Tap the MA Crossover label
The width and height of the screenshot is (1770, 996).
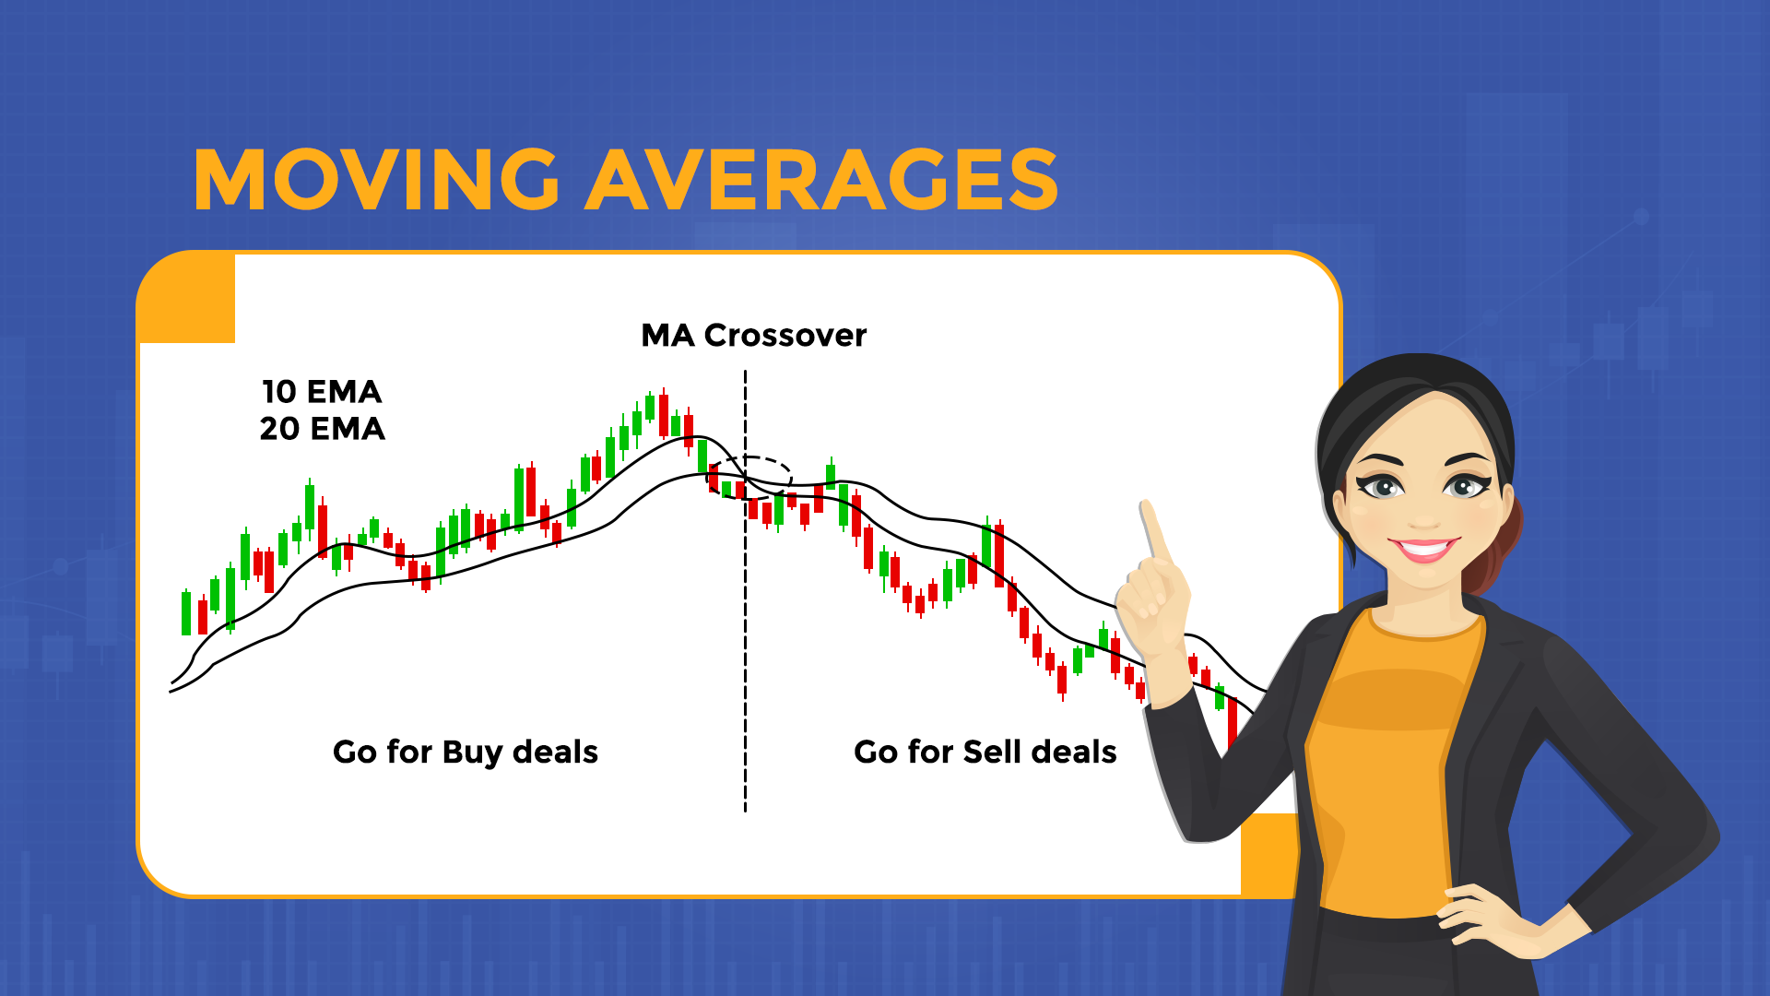pyautogui.click(x=753, y=336)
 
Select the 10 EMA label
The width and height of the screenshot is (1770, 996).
pyautogui.click(x=322, y=392)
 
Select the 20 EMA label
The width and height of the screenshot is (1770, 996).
pyautogui.click(x=322, y=429)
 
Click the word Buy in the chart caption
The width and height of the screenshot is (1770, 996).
pyautogui.click(x=472, y=753)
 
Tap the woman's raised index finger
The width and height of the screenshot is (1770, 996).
pyautogui.click(x=1153, y=530)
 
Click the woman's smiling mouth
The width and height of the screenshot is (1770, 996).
pyautogui.click(x=1423, y=550)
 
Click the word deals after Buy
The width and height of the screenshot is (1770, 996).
pyautogui.click(x=555, y=753)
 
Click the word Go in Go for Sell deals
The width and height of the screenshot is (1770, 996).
pyautogui.click(x=876, y=753)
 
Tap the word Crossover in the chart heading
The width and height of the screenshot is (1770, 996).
pyautogui.click(x=785, y=336)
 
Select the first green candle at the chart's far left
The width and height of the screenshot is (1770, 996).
pyautogui.click(x=186, y=613)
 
